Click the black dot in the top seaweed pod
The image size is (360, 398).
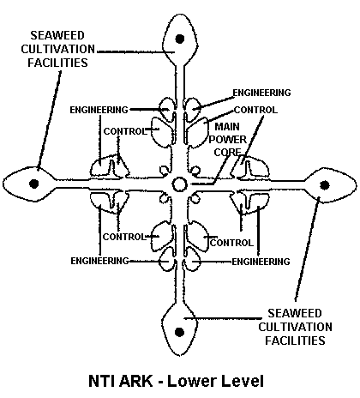coord(180,39)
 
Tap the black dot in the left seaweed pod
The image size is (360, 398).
coord(34,184)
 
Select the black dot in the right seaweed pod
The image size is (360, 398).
coord(324,185)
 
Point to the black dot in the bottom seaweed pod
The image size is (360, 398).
coord(179,332)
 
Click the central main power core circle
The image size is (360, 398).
coord(179,184)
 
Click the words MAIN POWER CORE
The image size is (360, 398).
coord(227,139)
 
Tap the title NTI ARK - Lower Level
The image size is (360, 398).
coord(176,381)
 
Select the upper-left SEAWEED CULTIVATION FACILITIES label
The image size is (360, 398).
coord(58,49)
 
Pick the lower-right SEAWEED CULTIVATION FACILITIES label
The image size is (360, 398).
coord(295,327)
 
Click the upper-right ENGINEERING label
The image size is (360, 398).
coord(261,93)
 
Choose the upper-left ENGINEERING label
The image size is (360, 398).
coord(99,110)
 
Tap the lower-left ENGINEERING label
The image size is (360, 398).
coord(99,261)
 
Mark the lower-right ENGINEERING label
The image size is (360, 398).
coord(261,262)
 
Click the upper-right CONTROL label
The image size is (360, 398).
coord(255,110)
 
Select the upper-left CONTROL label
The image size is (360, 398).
coord(125,131)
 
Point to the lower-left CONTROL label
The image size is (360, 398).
coord(124,237)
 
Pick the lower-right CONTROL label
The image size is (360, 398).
coord(231,243)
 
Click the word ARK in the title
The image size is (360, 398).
coord(136,381)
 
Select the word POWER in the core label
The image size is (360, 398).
coord(227,140)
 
